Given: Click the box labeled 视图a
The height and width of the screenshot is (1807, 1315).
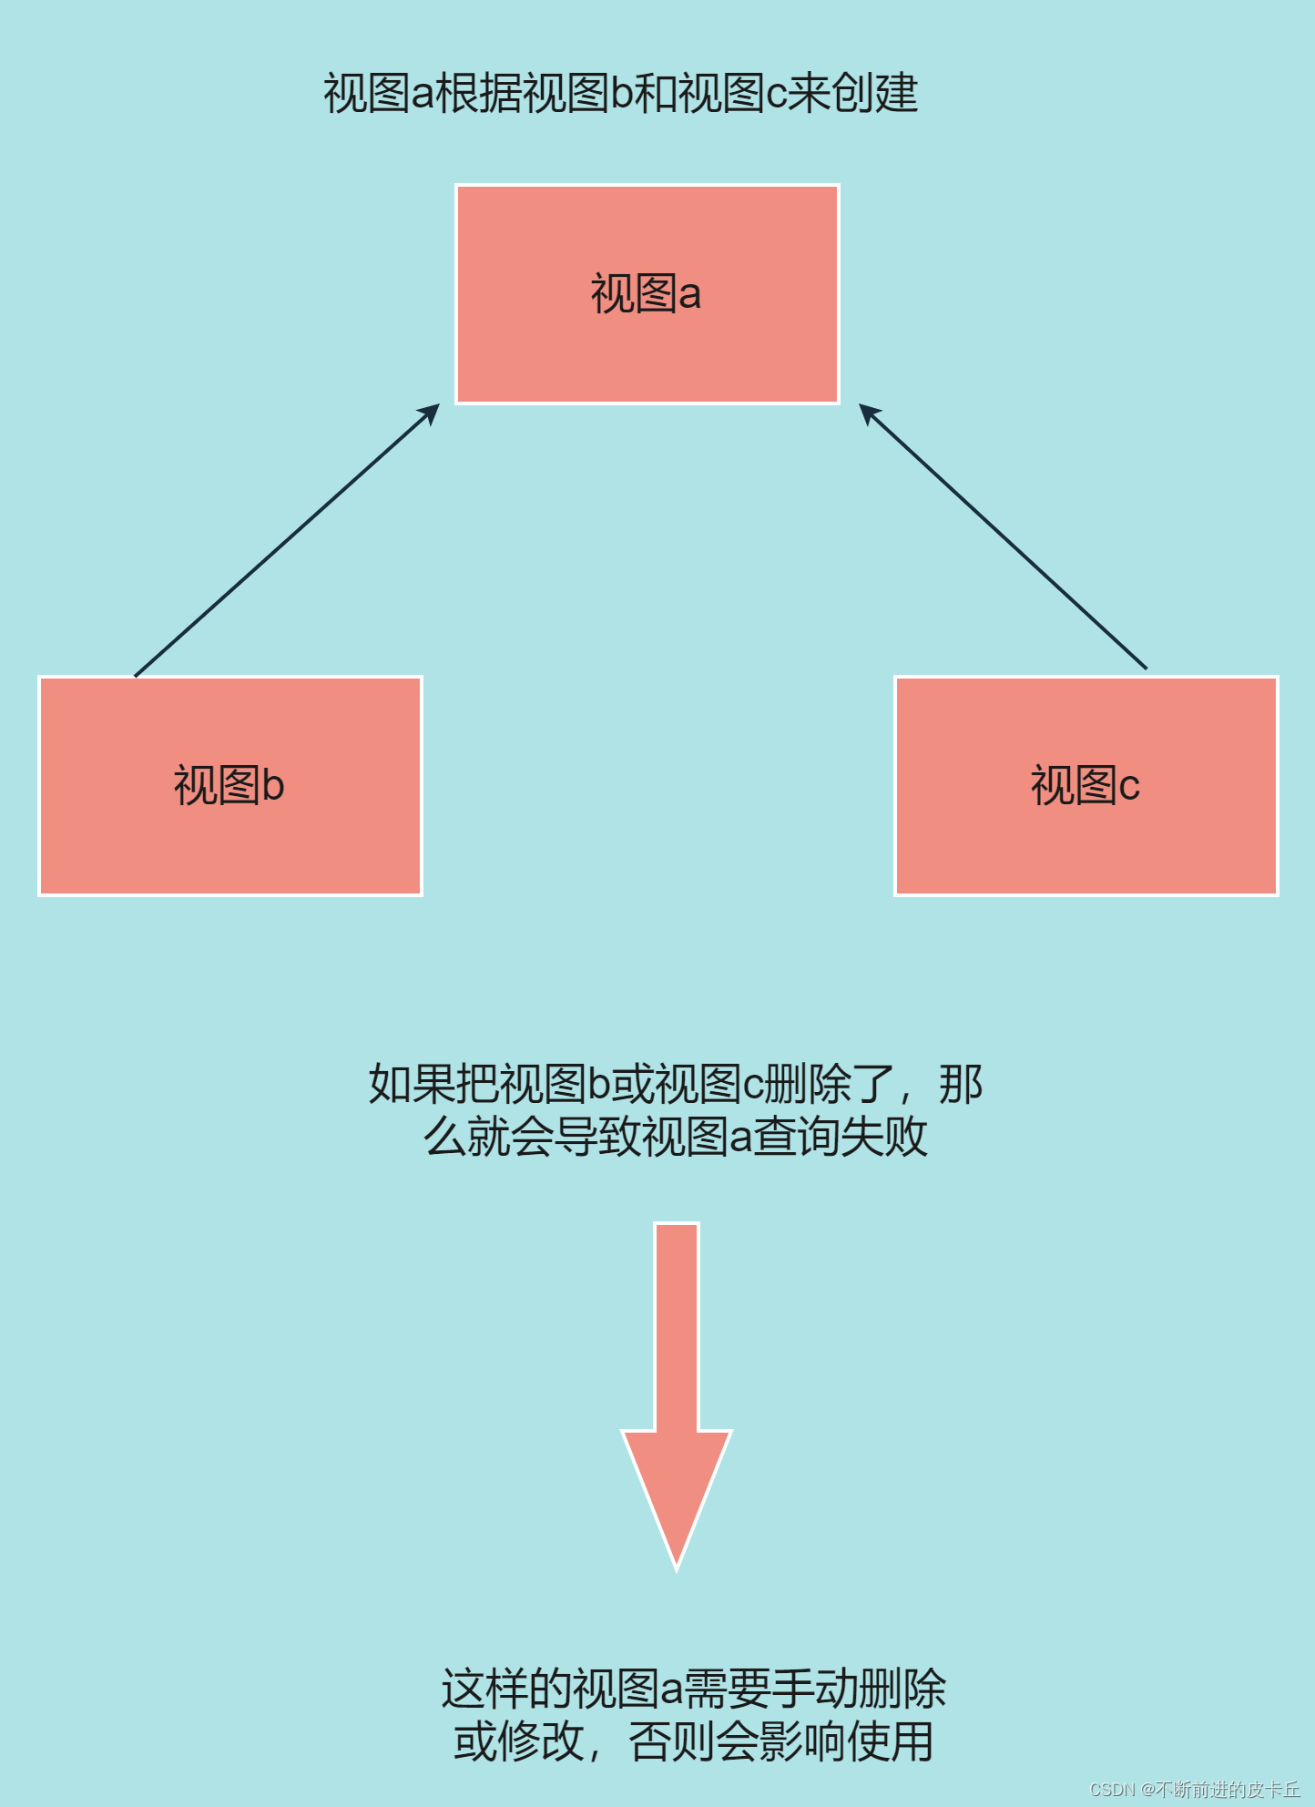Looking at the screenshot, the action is (x=647, y=294).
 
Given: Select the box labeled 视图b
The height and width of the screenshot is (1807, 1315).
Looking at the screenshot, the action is (x=229, y=786).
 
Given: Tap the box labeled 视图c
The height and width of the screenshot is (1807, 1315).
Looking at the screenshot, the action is (x=1086, y=786).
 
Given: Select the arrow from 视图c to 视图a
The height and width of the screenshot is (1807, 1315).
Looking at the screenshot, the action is (x=1002, y=537).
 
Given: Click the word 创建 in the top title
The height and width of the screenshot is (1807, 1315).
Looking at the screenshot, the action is (x=875, y=94).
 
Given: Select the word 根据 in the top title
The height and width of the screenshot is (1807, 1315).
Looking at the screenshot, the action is (x=479, y=94).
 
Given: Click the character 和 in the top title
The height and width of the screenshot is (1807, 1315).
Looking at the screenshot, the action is (x=655, y=94).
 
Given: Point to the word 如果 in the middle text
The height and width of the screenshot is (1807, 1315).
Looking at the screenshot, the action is (x=412, y=1084).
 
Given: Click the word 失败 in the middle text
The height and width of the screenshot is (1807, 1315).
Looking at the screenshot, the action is (x=883, y=1137).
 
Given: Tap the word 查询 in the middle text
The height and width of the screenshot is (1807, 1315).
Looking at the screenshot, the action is (x=797, y=1137).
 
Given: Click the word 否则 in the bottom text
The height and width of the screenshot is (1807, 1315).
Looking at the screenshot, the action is (x=671, y=1742).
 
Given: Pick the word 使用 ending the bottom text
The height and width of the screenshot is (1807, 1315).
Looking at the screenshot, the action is (x=890, y=1742).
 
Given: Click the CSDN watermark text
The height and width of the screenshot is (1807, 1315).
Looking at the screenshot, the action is (x=1194, y=1789).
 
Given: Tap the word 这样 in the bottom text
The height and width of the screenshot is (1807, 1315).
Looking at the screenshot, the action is (x=484, y=1690).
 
